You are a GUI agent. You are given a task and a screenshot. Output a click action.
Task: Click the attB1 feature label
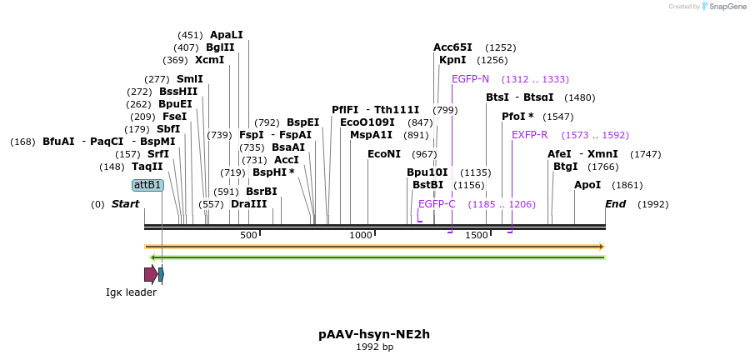click(x=147, y=185)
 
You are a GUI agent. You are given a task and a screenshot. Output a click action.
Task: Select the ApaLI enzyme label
click(x=227, y=35)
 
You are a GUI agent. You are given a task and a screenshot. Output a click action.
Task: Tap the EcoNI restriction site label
click(x=384, y=154)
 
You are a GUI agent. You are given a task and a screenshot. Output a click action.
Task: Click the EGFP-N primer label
click(x=470, y=79)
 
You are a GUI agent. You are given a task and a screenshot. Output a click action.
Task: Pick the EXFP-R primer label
click(x=529, y=135)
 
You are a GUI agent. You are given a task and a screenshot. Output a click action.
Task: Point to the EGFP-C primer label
click(x=437, y=204)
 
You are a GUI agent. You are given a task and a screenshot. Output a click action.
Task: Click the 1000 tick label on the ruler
click(x=361, y=236)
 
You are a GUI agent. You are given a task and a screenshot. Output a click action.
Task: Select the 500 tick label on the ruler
click(x=248, y=236)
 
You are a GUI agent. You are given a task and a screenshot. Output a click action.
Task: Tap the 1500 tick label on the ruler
click(x=477, y=236)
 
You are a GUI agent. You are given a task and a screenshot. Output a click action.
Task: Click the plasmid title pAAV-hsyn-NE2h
click(x=374, y=334)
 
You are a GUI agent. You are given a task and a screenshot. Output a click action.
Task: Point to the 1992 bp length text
click(x=374, y=347)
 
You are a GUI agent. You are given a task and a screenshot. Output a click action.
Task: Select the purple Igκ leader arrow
click(x=150, y=274)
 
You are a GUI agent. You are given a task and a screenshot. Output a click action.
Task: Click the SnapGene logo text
click(x=728, y=7)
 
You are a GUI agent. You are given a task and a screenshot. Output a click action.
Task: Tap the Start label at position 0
click(x=125, y=204)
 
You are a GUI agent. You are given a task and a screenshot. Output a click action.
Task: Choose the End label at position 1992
click(x=615, y=204)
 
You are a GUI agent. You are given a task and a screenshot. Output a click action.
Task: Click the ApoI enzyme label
click(x=587, y=185)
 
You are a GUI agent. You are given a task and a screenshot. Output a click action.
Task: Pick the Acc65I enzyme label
click(x=452, y=47)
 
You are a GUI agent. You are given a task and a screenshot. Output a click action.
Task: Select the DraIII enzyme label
click(x=249, y=204)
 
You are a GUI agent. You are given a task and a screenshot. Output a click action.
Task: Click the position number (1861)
click(x=627, y=185)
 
